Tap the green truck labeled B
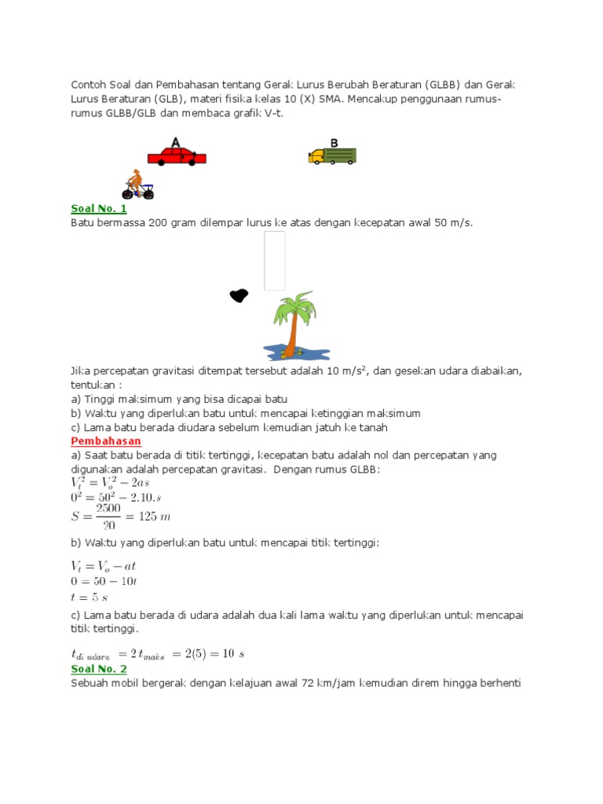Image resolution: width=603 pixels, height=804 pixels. click(x=332, y=155)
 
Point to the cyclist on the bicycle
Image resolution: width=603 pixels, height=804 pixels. click(x=137, y=185)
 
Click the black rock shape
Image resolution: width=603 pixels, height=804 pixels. click(x=238, y=295)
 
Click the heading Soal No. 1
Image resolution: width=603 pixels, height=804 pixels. click(x=98, y=209)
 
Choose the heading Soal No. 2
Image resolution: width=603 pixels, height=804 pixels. click(x=98, y=668)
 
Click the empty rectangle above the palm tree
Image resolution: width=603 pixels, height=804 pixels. click(x=274, y=261)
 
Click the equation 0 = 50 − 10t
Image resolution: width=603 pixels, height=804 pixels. click(x=104, y=581)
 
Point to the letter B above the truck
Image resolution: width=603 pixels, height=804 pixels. click(x=334, y=143)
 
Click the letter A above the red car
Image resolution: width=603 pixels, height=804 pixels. click(x=175, y=142)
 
